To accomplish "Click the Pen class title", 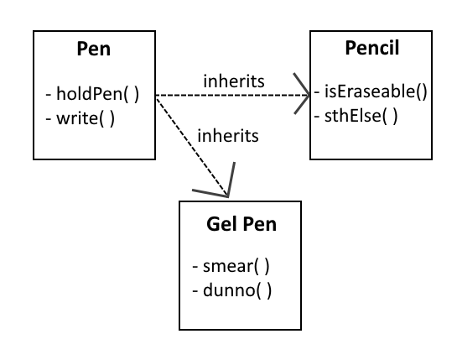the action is [x=94, y=49].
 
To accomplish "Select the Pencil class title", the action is [x=372, y=48].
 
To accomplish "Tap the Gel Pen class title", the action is [x=241, y=224].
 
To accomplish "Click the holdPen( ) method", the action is [x=97, y=94].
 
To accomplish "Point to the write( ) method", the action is [x=86, y=118].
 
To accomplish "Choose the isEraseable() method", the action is [x=376, y=91].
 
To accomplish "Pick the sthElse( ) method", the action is [x=361, y=116].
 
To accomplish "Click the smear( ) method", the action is [x=236, y=266].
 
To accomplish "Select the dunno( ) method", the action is [x=237, y=290].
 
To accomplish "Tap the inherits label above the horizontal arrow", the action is [x=234, y=81].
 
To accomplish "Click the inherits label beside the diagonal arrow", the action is [x=228, y=136].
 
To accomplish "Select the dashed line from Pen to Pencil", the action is [x=232, y=95].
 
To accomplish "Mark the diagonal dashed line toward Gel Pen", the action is [x=191, y=147].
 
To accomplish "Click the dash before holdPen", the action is [x=49, y=95].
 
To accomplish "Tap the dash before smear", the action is [x=195, y=267].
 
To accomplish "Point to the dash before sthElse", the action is [x=317, y=117].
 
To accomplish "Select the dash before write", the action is [x=49, y=119].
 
